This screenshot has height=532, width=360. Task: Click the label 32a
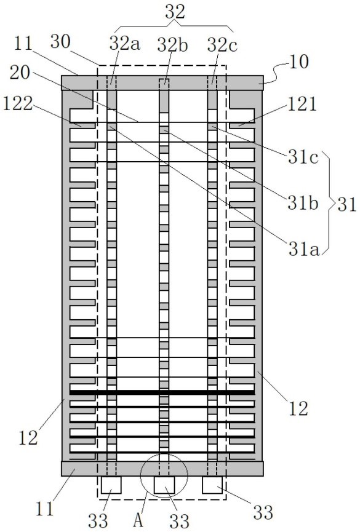(x=125, y=44)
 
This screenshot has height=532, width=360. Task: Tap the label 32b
(x=172, y=45)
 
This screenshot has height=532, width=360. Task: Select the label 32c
(x=222, y=45)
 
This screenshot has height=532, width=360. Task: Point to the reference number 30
(x=60, y=41)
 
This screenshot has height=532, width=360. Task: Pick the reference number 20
(x=20, y=73)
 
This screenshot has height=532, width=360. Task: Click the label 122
(x=18, y=103)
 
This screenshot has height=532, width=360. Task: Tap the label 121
(x=302, y=104)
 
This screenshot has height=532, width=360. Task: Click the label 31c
(x=303, y=158)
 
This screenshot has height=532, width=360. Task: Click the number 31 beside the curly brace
(x=346, y=205)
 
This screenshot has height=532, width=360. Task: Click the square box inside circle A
(x=164, y=485)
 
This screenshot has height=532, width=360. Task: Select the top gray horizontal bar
(x=162, y=83)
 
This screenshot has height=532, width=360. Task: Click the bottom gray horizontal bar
(x=162, y=469)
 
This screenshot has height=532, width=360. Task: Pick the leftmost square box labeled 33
(x=111, y=485)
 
